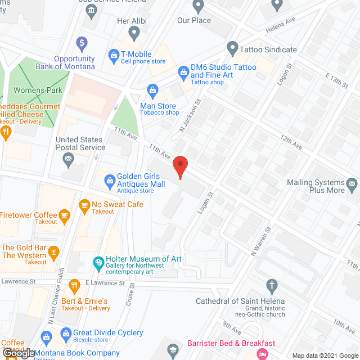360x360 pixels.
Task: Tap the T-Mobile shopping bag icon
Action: point(112,57)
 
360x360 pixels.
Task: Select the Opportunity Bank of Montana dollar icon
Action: point(82,43)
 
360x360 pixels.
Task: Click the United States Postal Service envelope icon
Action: point(69,159)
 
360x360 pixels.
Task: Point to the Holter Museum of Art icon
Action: point(98,262)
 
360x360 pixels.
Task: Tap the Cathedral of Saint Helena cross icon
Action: point(272,285)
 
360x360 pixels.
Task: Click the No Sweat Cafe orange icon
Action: point(85,204)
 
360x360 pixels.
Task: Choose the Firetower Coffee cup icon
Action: point(65,215)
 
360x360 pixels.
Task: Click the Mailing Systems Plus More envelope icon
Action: point(352,183)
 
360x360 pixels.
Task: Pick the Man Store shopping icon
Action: point(152,90)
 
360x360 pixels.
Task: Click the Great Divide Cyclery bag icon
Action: point(65,332)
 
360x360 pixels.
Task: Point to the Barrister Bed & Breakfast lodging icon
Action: point(262,353)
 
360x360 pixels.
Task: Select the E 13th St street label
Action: point(337,80)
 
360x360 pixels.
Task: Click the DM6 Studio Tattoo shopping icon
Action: point(183,71)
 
